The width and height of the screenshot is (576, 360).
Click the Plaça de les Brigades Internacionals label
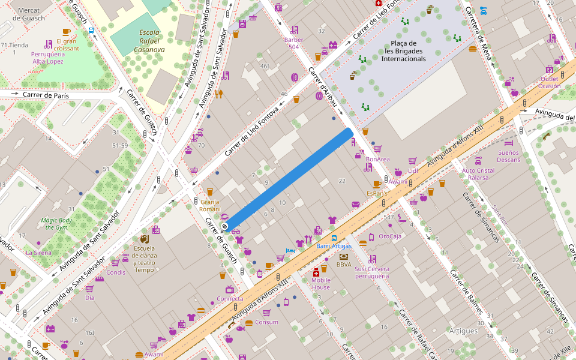point(403,51)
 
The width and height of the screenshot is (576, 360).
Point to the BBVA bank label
point(344,264)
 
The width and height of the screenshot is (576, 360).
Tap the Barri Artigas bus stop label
point(334,246)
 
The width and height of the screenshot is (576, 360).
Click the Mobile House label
point(320,283)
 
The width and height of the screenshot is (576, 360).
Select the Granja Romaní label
point(210,205)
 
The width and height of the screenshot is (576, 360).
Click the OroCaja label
point(390,236)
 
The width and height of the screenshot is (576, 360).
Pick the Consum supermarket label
point(266,322)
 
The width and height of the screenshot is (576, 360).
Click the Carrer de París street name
point(46,95)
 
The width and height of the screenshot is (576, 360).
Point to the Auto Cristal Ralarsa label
point(478,174)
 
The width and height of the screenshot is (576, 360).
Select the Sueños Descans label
point(508,156)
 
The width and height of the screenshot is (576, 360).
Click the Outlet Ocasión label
point(549,82)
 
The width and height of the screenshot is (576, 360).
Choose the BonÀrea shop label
point(377,159)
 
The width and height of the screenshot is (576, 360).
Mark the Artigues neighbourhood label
point(463,331)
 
